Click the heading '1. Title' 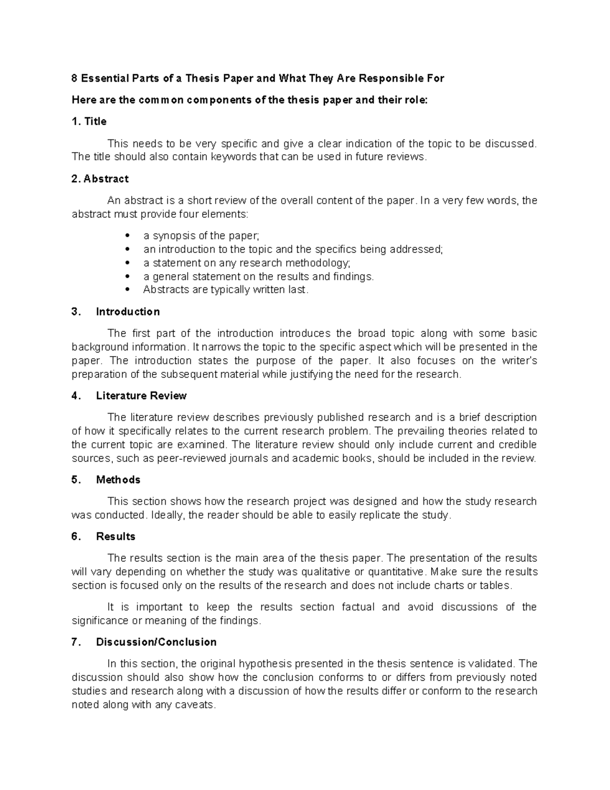click(89, 122)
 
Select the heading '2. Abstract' click(100, 179)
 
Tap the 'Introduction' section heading click(128, 312)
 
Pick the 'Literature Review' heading click(141, 396)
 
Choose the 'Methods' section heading click(118, 480)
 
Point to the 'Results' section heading click(115, 537)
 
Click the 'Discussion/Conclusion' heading click(156, 642)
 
